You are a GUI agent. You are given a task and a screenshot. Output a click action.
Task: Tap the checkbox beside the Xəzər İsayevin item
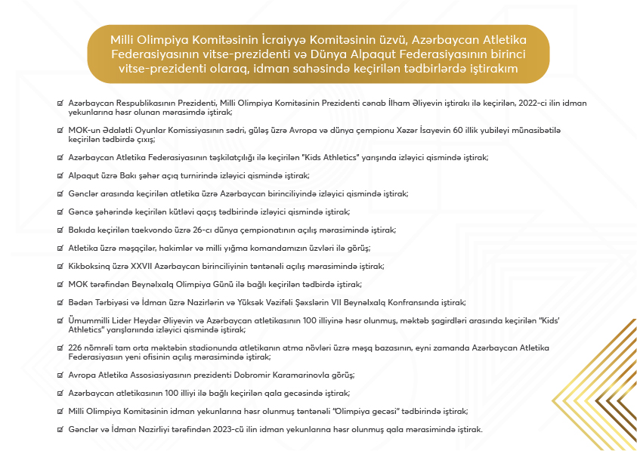(60, 130)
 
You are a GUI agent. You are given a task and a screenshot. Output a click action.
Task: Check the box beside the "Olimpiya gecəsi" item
(60, 411)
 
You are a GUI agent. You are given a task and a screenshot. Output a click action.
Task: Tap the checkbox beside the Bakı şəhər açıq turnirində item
(60, 175)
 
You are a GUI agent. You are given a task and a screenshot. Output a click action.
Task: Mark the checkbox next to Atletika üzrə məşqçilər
(60, 248)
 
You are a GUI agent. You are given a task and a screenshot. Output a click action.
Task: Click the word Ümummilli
(90, 320)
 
